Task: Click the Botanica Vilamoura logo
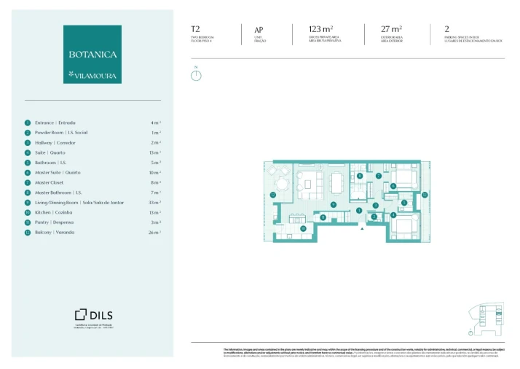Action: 92,54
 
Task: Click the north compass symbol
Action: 195,74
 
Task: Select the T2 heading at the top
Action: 195,30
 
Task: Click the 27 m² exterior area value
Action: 390,29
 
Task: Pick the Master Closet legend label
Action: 50,182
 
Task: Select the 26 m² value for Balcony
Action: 154,232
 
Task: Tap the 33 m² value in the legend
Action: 154,202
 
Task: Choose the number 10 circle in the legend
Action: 27,212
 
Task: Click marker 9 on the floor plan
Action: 333,204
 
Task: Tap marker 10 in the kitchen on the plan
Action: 304,228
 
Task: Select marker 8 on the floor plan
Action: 360,176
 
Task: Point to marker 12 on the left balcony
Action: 272,195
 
